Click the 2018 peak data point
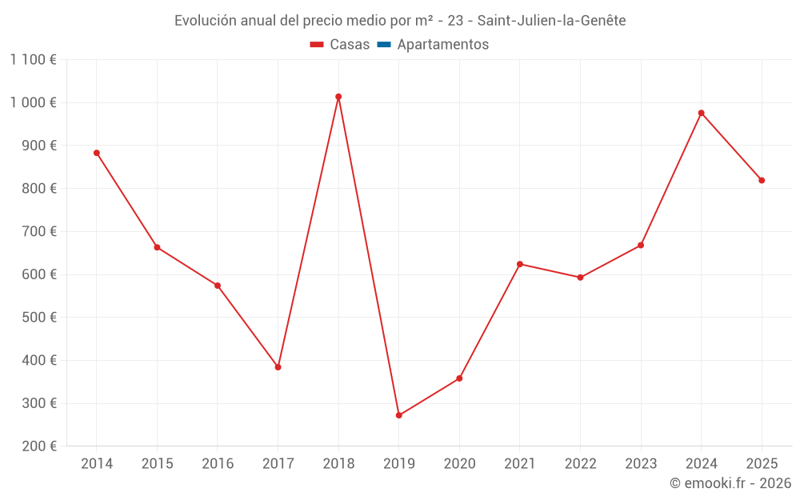pos(338,97)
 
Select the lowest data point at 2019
pos(398,415)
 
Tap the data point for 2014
pos(97,153)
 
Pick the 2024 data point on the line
pos(701,113)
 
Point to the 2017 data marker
pos(278,367)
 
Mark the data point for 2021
pos(519,264)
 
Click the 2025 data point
pos(762,180)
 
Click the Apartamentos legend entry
pos(442,45)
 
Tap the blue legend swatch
pos(383,45)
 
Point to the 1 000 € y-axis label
pos(34,102)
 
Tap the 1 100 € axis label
pos(34,59)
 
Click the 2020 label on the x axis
pos(459,464)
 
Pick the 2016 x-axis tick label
pos(218,464)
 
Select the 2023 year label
pos(640,464)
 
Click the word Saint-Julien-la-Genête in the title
pos(551,20)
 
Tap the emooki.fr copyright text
pos(730,483)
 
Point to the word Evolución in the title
pos(205,20)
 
